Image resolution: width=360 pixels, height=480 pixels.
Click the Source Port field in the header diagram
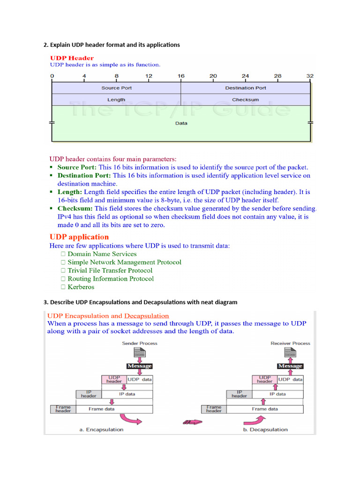tap(116, 88)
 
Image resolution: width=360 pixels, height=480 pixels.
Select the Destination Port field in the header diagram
tap(246, 88)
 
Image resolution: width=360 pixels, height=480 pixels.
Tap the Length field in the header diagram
tap(116, 100)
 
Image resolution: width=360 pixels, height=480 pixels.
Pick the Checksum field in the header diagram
tap(246, 100)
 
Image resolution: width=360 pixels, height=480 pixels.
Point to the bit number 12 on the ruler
tap(149, 76)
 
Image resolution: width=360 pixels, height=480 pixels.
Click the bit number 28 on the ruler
tap(278, 76)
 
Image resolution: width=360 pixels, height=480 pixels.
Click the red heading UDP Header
tap(72, 58)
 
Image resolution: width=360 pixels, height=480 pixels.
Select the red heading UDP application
tap(79, 237)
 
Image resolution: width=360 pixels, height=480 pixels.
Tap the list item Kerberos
tap(81, 287)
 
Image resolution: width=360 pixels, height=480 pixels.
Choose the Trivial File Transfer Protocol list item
tap(110, 270)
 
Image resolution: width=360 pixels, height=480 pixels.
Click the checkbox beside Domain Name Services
tap(63, 254)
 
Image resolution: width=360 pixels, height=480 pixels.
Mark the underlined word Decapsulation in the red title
tap(146, 316)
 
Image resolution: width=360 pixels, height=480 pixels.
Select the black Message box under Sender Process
tap(139, 366)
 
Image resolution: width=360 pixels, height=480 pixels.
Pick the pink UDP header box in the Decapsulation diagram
tap(264, 379)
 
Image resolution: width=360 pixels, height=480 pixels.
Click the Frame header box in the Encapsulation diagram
tap(63, 409)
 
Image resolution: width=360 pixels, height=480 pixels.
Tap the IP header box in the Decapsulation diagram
tap(239, 394)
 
